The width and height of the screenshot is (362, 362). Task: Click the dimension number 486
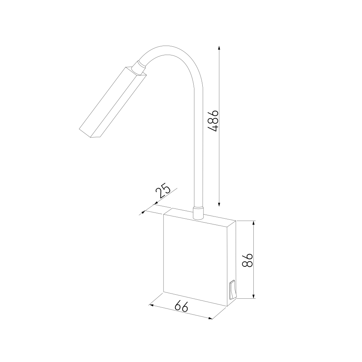[x=213, y=121]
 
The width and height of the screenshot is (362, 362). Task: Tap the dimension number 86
[x=248, y=260]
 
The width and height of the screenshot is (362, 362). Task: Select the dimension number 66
[x=181, y=306]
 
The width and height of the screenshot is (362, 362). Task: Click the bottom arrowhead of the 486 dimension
[x=219, y=204]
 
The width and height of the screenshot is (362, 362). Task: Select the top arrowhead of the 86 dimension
[x=254, y=223]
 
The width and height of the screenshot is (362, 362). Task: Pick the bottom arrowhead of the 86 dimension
[x=254, y=296]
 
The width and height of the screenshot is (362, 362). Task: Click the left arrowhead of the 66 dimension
[x=151, y=305]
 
